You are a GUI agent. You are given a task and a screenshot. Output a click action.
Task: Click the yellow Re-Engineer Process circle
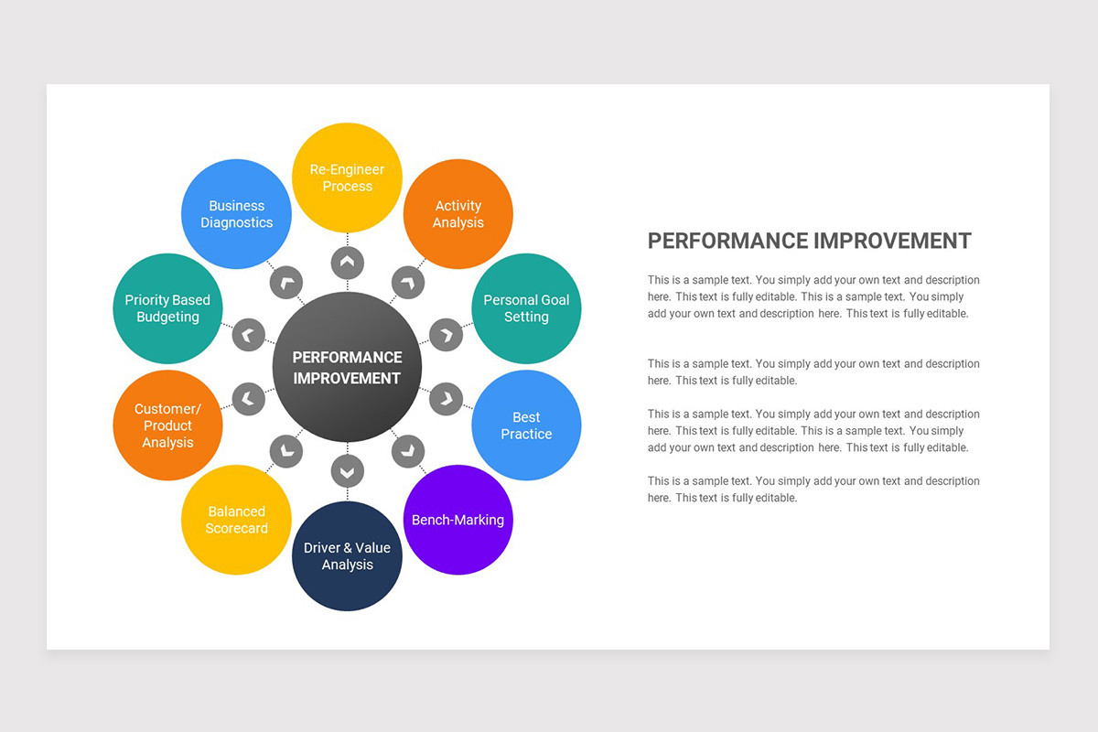click(347, 178)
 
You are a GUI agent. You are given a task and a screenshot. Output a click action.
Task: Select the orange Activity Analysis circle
click(457, 214)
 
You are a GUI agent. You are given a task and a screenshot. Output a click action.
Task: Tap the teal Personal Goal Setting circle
click(526, 308)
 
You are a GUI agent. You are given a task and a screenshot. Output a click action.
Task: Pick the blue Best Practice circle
click(526, 425)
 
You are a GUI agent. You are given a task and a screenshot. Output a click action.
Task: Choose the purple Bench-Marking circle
click(457, 520)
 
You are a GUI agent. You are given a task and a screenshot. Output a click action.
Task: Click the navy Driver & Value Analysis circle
click(347, 556)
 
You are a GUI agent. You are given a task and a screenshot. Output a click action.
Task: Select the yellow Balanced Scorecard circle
click(236, 520)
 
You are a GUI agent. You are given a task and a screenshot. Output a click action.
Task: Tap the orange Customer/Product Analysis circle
click(167, 425)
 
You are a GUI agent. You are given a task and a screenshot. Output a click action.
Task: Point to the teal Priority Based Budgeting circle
click(167, 308)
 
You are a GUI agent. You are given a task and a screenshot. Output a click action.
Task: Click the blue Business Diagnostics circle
click(236, 214)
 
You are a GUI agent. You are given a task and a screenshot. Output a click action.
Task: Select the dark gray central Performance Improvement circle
click(347, 367)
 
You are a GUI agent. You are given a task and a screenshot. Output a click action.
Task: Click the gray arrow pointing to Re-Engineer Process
click(347, 263)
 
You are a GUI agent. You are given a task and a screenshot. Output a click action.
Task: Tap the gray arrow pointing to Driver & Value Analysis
click(347, 471)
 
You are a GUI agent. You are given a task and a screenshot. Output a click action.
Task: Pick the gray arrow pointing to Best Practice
click(446, 399)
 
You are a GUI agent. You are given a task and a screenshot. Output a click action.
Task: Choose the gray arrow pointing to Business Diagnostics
click(286, 283)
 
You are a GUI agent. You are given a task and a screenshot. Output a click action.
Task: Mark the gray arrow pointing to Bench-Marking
click(408, 450)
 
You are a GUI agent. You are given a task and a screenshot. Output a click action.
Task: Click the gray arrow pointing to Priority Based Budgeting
click(248, 335)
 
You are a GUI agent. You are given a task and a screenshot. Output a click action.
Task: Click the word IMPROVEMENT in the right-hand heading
click(892, 241)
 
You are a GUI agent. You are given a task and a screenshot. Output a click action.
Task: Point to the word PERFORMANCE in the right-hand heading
click(727, 241)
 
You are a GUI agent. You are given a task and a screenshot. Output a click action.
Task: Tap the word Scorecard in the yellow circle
click(236, 529)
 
